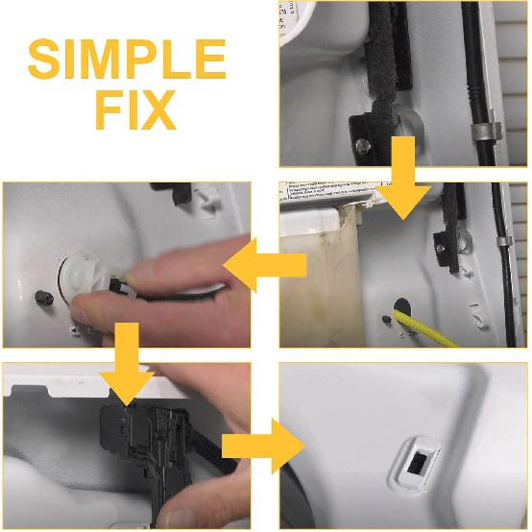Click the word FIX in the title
(x=134, y=112)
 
